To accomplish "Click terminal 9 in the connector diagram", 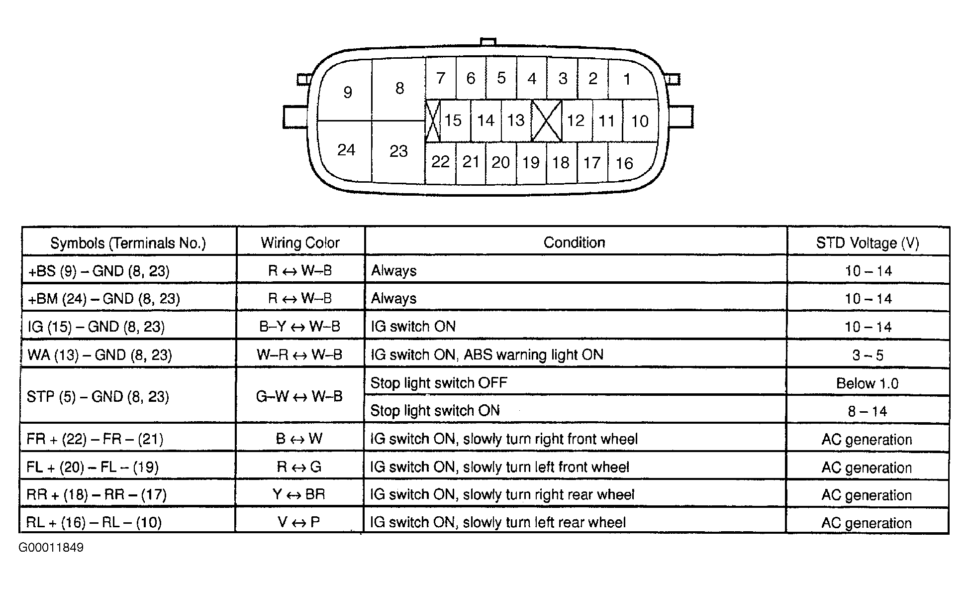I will [348, 92].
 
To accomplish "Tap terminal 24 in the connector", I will [346, 150].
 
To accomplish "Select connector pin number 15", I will [453, 120].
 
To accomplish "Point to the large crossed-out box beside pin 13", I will [546, 120].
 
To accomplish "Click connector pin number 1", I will [627, 79].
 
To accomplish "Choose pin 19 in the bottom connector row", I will [531, 162].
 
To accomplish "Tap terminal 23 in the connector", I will [398, 151].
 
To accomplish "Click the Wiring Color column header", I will [300, 243].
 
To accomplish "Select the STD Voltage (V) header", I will [868, 243].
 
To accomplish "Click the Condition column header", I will [574, 242].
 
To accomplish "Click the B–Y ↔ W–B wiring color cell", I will [299, 327].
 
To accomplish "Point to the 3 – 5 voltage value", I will [868, 355].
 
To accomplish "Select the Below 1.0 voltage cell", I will [867, 383].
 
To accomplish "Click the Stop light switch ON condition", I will [435, 411].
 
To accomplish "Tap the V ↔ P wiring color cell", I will [299, 522].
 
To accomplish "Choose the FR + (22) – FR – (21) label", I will [95, 439].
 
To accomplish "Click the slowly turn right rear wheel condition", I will [502, 495].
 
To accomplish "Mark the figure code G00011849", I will [51, 548].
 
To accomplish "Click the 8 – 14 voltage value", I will [868, 411].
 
